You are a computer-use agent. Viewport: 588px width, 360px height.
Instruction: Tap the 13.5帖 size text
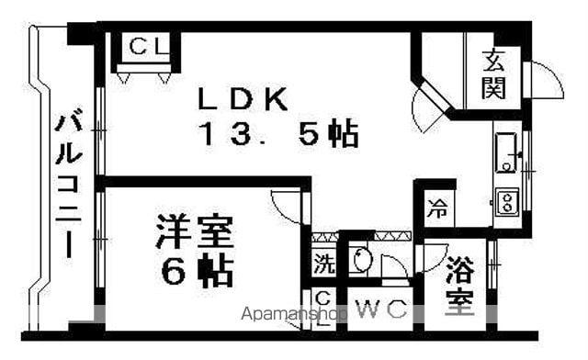coord(276,135)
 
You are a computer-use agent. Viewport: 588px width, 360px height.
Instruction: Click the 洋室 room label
coord(193,231)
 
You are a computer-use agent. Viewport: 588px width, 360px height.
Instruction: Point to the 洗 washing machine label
coord(324,263)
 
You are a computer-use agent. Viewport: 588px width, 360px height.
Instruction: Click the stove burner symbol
coord(505,201)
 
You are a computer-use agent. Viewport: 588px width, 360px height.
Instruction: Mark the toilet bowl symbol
coord(360,260)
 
